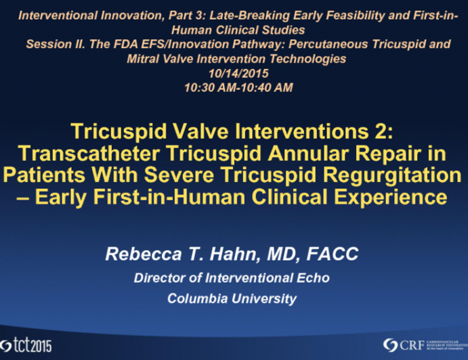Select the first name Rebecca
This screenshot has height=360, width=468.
pyautogui.click(x=137, y=255)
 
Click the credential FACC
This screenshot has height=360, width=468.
pyautogui.click(x=334, y=255)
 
